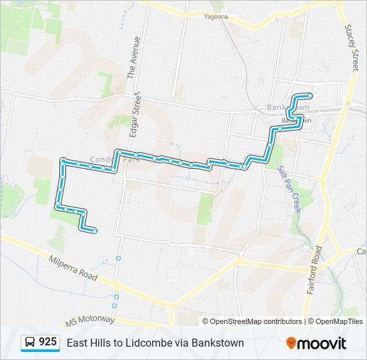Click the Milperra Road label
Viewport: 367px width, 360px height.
(x=73, y=267)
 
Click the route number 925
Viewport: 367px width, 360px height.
(x=47, y=342)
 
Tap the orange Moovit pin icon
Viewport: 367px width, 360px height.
(x=292, y=343)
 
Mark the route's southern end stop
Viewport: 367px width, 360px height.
(x=95, y=231)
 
